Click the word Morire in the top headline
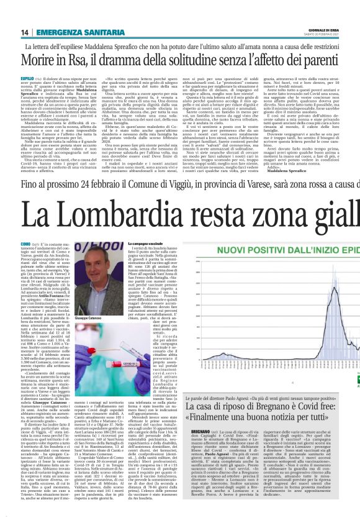click(x=38, y=61)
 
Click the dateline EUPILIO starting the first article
click(x=29, y=80)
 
